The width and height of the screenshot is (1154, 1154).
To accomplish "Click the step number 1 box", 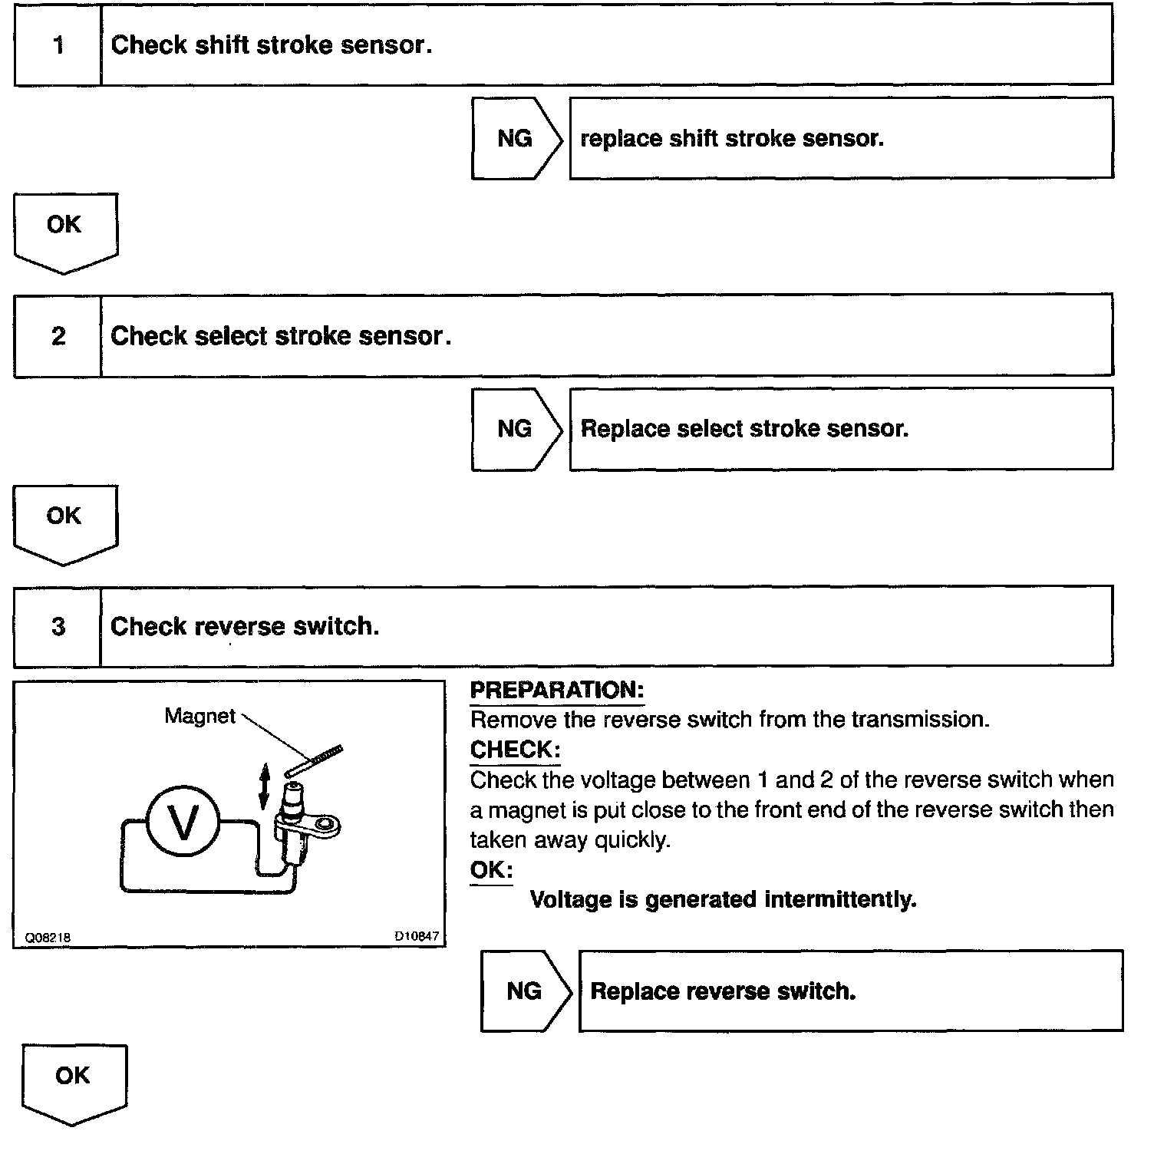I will click(58, 45).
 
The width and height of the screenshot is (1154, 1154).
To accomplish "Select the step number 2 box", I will click(58, 336).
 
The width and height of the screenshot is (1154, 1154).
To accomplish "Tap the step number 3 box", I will click(58, 627).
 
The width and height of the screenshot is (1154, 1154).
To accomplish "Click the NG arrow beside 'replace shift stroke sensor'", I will click(516, 139).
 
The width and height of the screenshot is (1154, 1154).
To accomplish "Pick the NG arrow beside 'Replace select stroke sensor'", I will click(516, 429).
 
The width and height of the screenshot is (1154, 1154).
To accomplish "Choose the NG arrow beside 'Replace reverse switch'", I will click(525, 991).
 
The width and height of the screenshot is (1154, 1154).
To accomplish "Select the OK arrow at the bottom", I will click(74, 1081).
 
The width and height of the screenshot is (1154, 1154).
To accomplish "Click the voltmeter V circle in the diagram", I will click(183, 823).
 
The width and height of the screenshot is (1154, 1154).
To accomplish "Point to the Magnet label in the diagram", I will click(199, 717).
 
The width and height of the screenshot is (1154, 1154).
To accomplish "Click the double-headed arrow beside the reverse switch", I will click(264, 786).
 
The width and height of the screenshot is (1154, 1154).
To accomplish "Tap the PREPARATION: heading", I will click(556, 690).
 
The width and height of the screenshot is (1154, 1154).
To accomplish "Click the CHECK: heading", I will click(515, 750).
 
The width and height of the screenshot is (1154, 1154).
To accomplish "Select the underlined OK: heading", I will click(490, 870).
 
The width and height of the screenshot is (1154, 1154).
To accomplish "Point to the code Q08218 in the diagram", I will click(48, 938).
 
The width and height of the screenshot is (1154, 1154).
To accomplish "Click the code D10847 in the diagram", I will click(417, 936).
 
